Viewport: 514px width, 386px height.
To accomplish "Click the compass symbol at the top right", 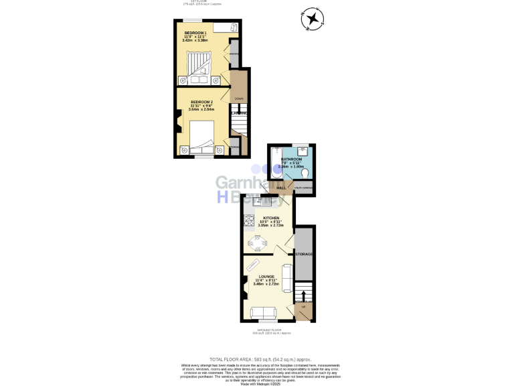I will (312, 19).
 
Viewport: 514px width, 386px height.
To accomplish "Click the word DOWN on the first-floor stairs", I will (239, 99).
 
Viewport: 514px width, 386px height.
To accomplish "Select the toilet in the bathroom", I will (305, 174).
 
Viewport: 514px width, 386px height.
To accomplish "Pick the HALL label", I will (281, 188).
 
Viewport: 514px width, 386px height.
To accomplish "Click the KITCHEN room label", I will (271, 218).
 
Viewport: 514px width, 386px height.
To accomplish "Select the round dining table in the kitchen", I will (258, 241).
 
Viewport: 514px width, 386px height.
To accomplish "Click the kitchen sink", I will (258, 200).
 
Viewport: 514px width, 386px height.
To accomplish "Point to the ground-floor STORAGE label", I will (305, 254).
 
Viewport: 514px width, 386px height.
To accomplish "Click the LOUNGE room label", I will (266, 276).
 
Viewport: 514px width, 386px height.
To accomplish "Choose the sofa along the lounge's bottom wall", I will (262, 312).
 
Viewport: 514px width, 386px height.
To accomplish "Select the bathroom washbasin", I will (302, 151).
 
